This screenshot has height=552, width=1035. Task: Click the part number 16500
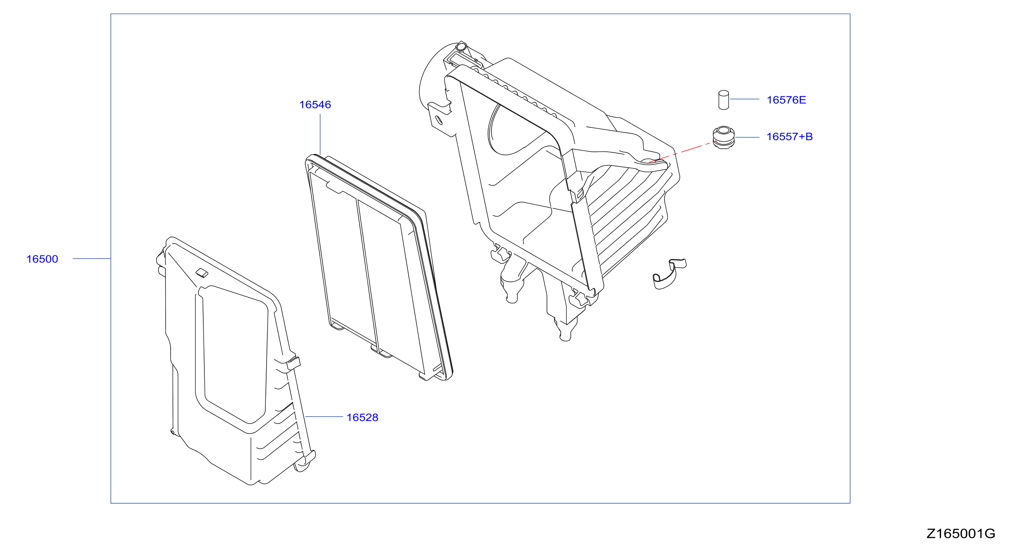(x=42, y=259)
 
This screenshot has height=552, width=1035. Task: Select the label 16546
(x=315, y=105)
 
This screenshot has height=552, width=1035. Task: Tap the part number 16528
(x=362, y=417)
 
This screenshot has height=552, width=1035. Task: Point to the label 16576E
(x=786, y=100)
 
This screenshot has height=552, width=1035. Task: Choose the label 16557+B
(x=790, y=137)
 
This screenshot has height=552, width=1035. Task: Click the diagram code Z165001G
(x=961, y=533)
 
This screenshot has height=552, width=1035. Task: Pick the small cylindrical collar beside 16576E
(x=724, y=100)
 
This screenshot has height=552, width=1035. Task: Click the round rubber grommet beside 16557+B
(x=724, y=138)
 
